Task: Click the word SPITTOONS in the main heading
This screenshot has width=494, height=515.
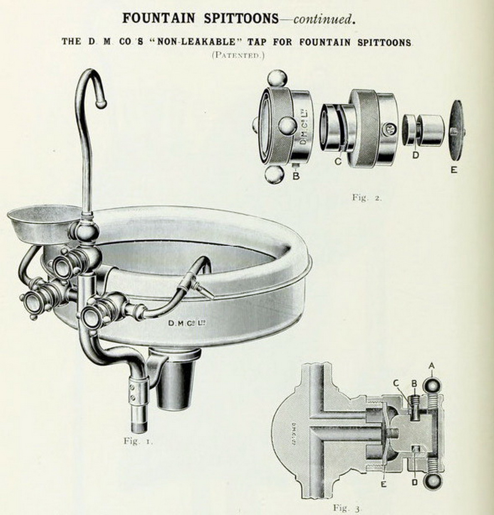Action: coord(241,18)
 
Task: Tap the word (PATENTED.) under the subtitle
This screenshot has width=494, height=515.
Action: coord(238,55)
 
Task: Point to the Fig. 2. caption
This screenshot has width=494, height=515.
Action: coord(367,197)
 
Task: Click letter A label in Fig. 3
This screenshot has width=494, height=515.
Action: coord(432,366)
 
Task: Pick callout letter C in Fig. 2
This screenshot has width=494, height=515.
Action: coord(338,161)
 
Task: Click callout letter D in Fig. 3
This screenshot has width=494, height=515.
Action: coord(415,482)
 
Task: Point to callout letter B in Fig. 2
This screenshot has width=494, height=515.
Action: coord(296,176)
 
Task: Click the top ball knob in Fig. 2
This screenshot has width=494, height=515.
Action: coord(277,79)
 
